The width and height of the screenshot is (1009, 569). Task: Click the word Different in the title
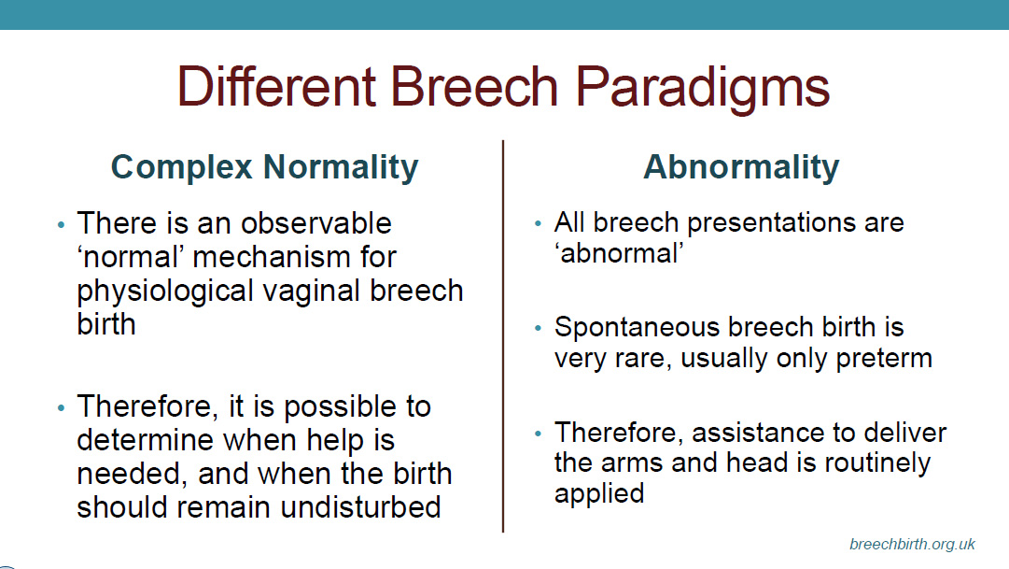(276, 86)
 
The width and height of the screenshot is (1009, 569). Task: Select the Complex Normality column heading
(264, 167)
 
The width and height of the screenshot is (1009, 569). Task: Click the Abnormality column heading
(741, 167)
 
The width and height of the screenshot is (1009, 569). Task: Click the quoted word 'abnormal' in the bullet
(619, 253)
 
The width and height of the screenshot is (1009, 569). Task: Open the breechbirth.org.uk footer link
(912, 545)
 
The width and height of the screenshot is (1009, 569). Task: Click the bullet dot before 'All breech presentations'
(538, 224)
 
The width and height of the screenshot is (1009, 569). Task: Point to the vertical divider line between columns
(502, 335)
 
